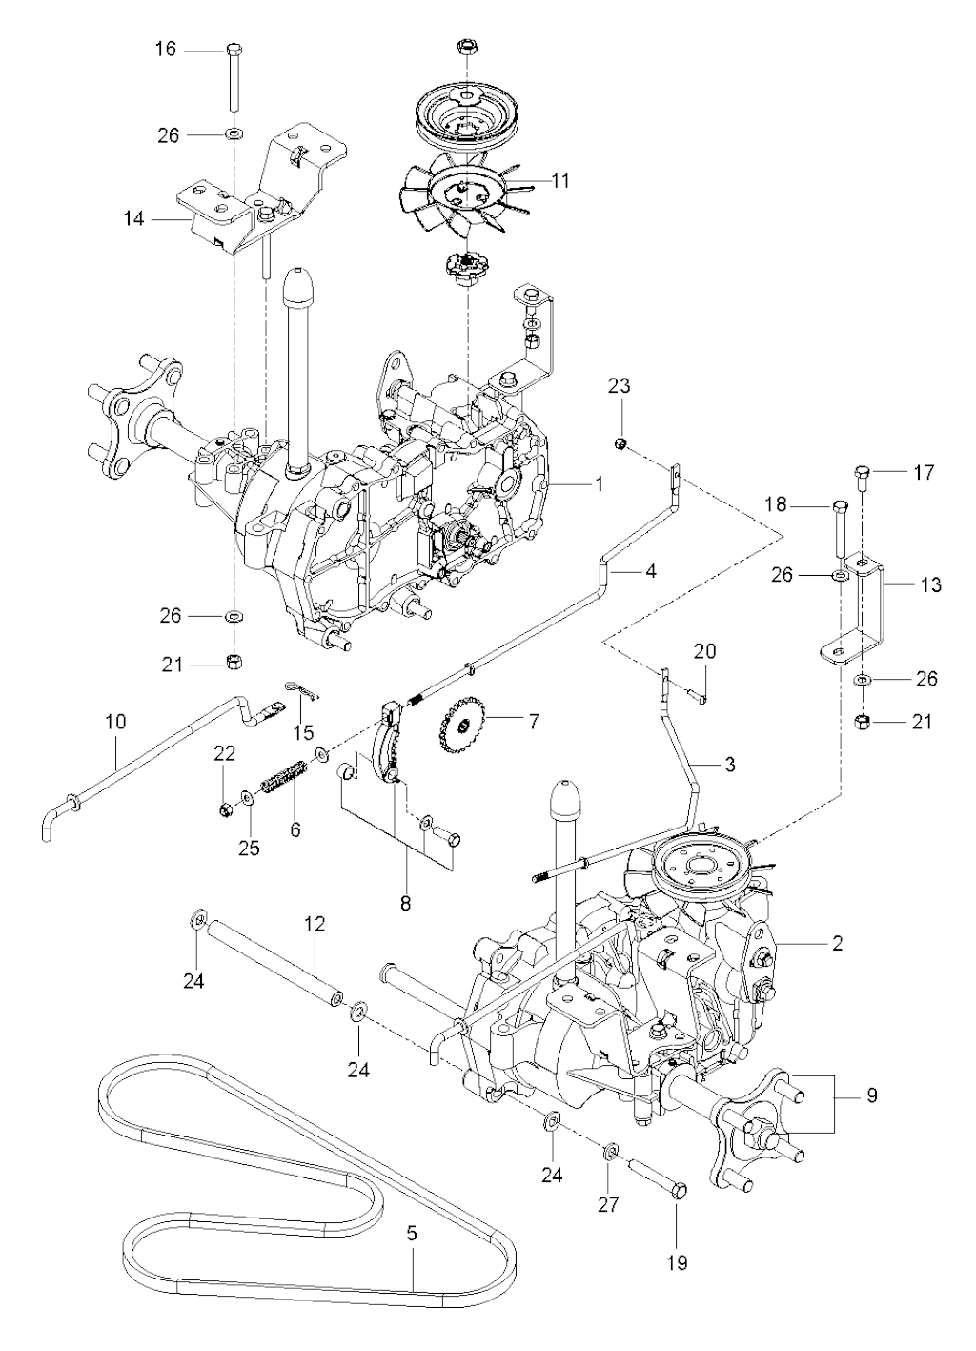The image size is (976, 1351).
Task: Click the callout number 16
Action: pyautogui.click(x=166, y=48)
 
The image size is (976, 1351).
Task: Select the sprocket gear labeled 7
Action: pyautogui.click(x=464, y=730)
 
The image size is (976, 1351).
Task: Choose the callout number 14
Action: pyautogui.click(x=134, y=218)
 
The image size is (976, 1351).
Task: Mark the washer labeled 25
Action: pyautogui.click(x=248, y=795)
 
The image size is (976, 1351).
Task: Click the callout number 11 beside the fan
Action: pyautogui.click(x=559, y=179)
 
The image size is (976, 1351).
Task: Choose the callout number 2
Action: pyautogui.click(x=837, y=944)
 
